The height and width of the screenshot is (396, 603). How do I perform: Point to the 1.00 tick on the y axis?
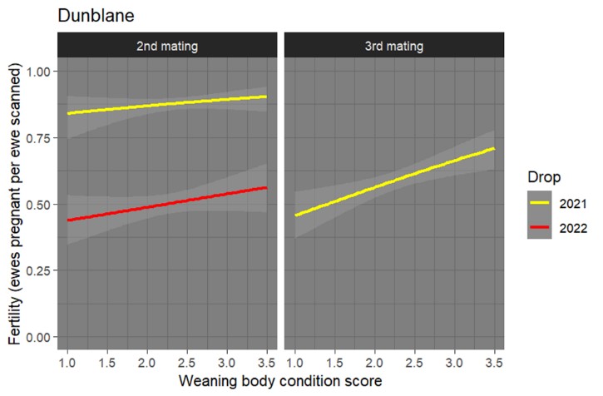click(37, 72)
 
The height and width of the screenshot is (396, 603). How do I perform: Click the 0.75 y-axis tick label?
click(37, 138)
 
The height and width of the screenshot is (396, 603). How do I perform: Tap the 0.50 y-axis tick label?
click(37, 204)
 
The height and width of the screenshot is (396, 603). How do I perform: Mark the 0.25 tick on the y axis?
click(37, 270)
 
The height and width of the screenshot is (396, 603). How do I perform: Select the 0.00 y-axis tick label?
click(37, 337)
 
